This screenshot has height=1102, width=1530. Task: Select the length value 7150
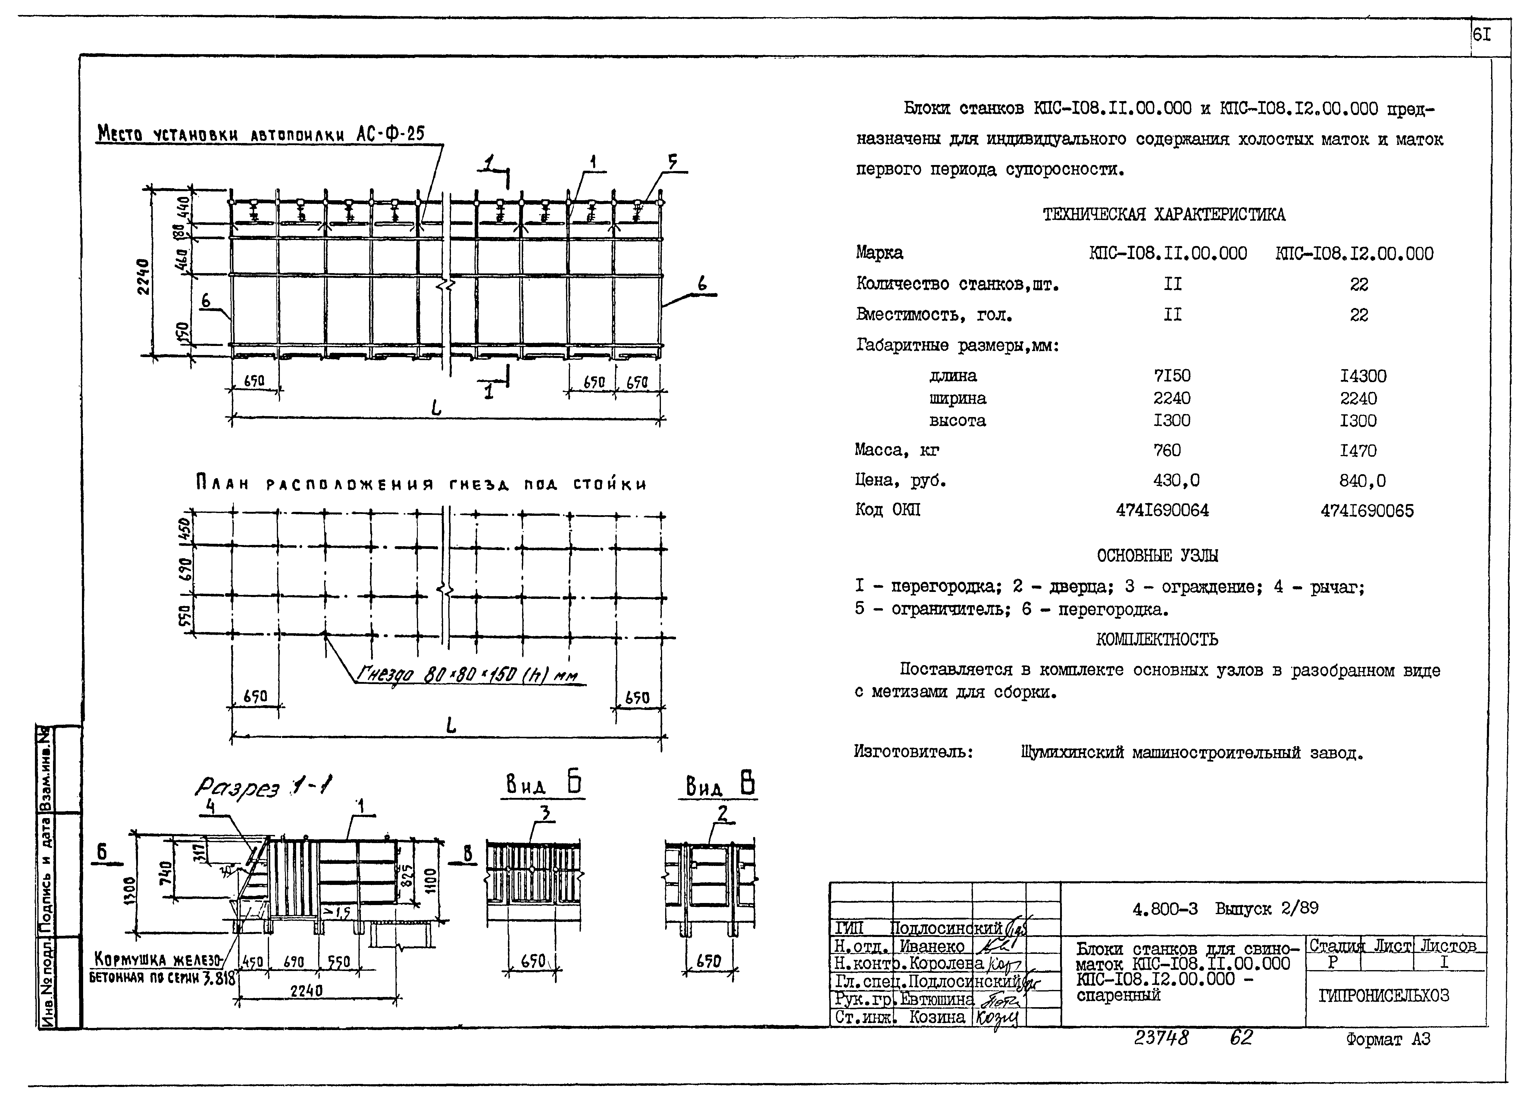[x=1172, y=376]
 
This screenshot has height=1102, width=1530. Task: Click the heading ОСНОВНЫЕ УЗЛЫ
[x=1158, y=556]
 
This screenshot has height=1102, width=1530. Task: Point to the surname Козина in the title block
[x=937, y=1017]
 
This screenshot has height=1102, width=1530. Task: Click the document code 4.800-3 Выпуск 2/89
[x=1225, y=908]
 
